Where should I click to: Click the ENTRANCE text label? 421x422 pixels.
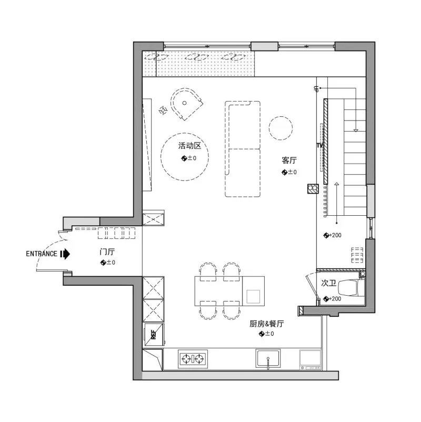coord(42,254)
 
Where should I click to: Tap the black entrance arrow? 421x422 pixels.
coord(65,254)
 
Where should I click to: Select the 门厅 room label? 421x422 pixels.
coord(107,252)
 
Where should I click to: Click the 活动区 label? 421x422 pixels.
coord(189,146)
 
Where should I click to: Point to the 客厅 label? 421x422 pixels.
coord(289,160)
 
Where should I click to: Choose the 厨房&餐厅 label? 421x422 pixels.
coord(266,324)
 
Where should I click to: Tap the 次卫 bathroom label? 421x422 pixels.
coord(329,283)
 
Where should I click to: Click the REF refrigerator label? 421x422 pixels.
coord(154,334)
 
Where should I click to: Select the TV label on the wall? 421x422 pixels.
coord(319,146)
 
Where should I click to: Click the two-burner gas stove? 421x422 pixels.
coord(193,359)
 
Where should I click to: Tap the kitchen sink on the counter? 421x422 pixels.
coord(268,358)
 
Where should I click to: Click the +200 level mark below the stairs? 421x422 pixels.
coord(333,235)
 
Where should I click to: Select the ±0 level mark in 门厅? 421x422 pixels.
coord(108,263)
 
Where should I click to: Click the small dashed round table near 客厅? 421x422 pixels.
coord(280,128)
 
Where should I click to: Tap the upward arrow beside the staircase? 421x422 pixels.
coord(336,203)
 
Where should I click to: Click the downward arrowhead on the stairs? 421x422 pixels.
coord(356,130)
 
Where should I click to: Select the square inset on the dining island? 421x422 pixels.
coord(253,296)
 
